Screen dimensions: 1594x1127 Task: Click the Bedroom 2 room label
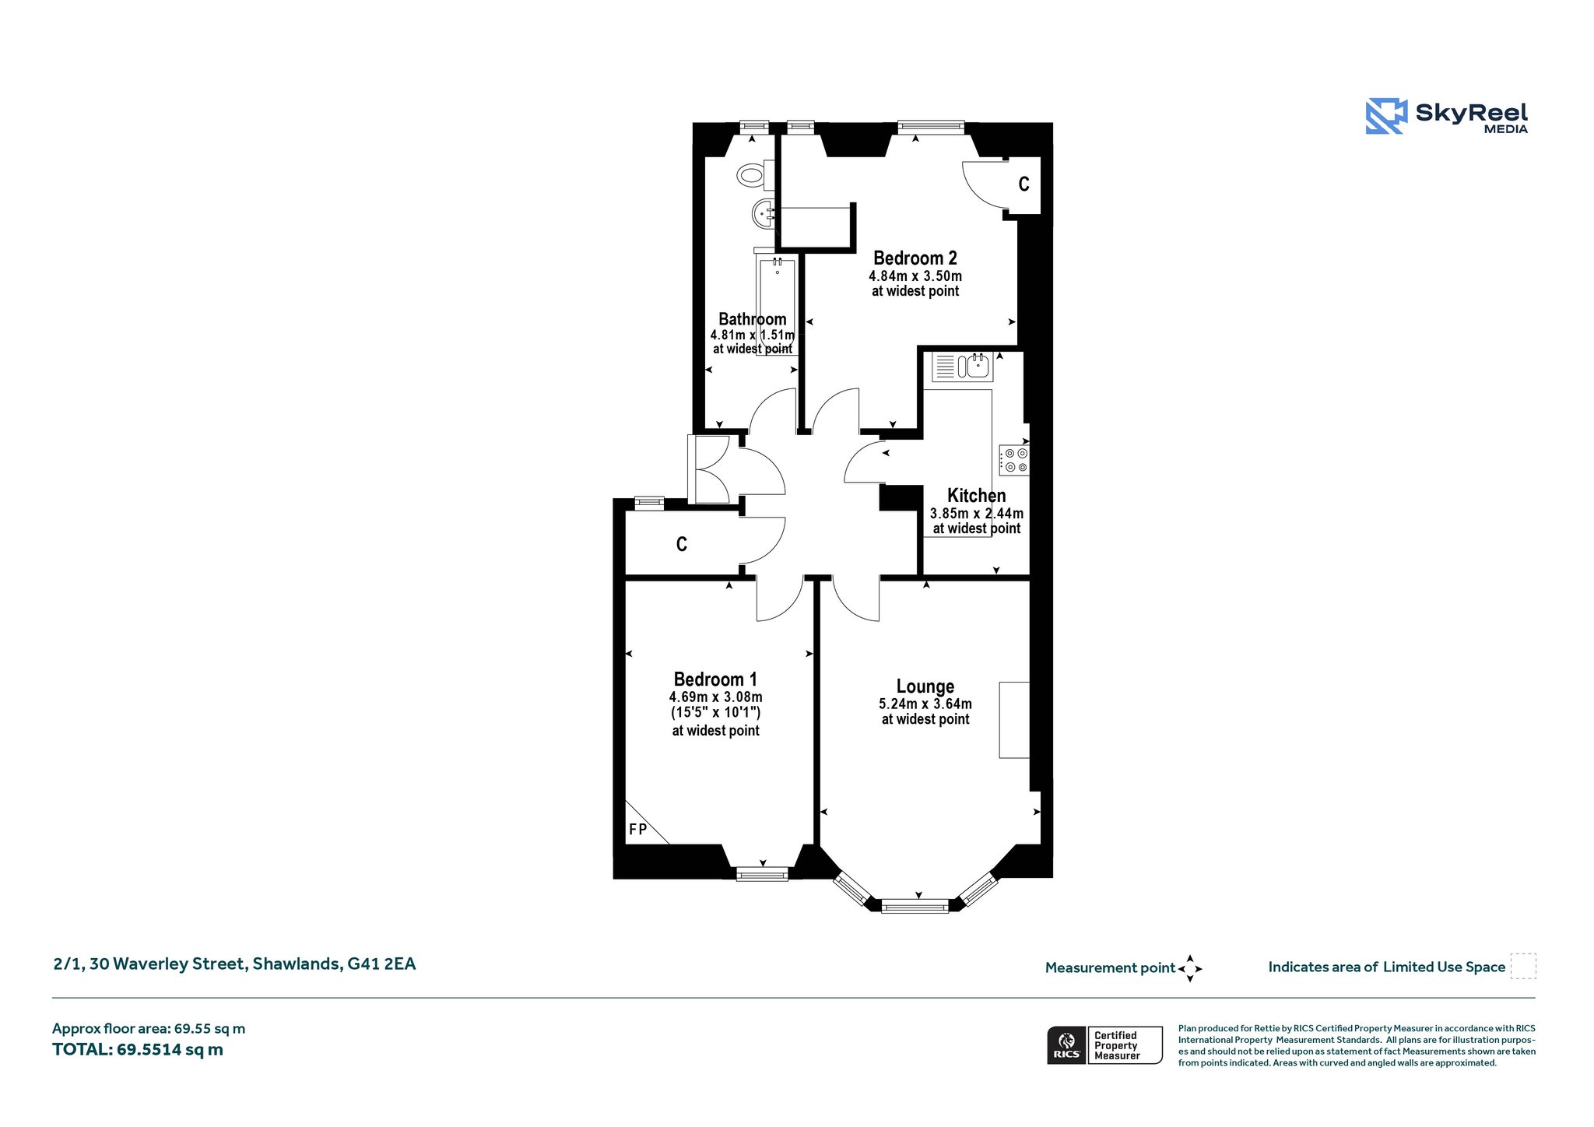pos(915,258)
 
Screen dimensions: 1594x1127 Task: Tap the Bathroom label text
pos(753,319)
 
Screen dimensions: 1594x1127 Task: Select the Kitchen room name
pos(976,496)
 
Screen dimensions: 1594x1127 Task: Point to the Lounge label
pos(925,686)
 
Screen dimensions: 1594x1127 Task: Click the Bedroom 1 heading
pos(715,679)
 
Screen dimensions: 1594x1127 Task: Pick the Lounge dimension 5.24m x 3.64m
pos(925,704)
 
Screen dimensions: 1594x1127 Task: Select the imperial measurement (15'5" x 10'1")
pos(715,713)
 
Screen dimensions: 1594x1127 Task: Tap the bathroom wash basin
pos(764,212)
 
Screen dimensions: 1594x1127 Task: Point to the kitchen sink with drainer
pos(962,366)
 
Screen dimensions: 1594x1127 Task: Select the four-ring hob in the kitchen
pos(1015,460)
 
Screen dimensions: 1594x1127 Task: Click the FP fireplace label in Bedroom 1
pos(637,830)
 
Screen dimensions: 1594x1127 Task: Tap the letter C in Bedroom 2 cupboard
pos(1024,184)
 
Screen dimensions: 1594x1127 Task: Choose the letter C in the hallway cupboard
pos(682,544)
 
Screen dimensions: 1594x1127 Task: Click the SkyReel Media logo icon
pos(1386,116)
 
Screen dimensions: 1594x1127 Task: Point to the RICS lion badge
pos(1066,1045)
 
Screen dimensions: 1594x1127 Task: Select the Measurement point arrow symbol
pos(1190,969)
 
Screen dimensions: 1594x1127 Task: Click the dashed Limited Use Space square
pos(1523,966)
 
